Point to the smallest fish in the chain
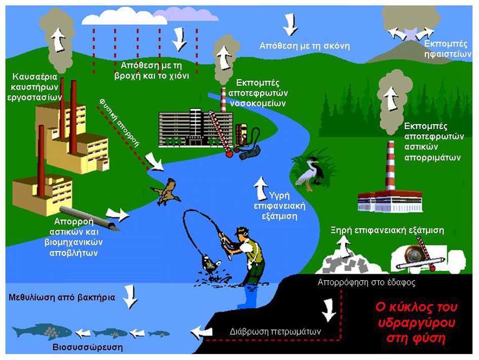(x=159, y=334)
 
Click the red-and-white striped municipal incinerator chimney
(x=390, y=165)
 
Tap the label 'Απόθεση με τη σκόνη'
(x=304, y=46)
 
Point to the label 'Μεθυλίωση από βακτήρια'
(x=61, y=297)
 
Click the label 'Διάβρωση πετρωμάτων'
(x=274, y=331)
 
